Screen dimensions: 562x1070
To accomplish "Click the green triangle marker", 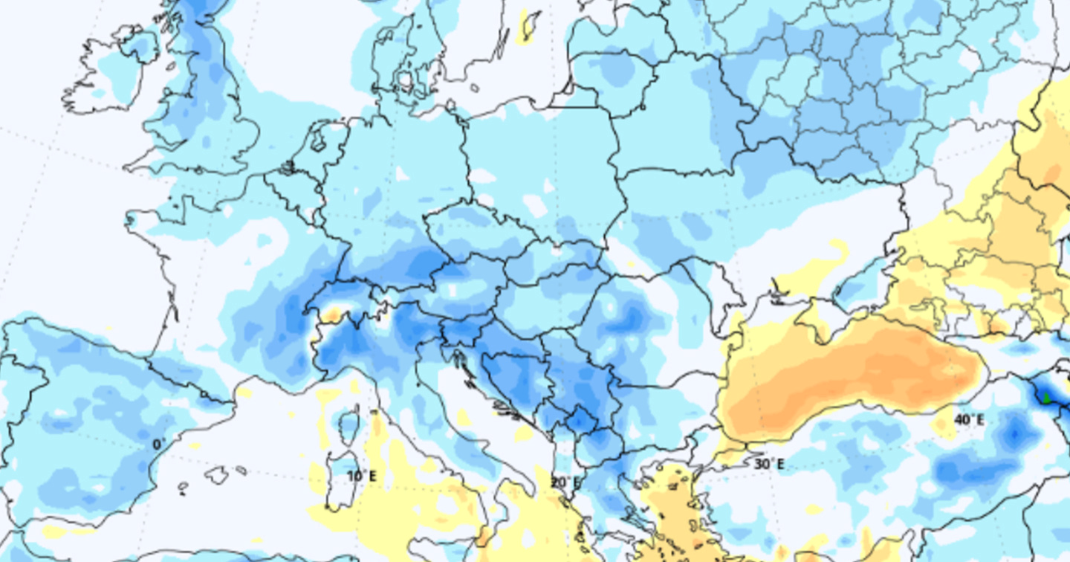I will coord(1047,398).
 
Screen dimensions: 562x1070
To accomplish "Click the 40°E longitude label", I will coord(969,420).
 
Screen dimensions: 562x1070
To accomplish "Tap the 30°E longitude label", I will coord(769,464).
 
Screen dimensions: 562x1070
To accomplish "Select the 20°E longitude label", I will coord(565,482).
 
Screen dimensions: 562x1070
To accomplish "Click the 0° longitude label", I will coord(159,445).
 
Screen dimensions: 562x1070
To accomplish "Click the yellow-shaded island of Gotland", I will coord(529,26).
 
